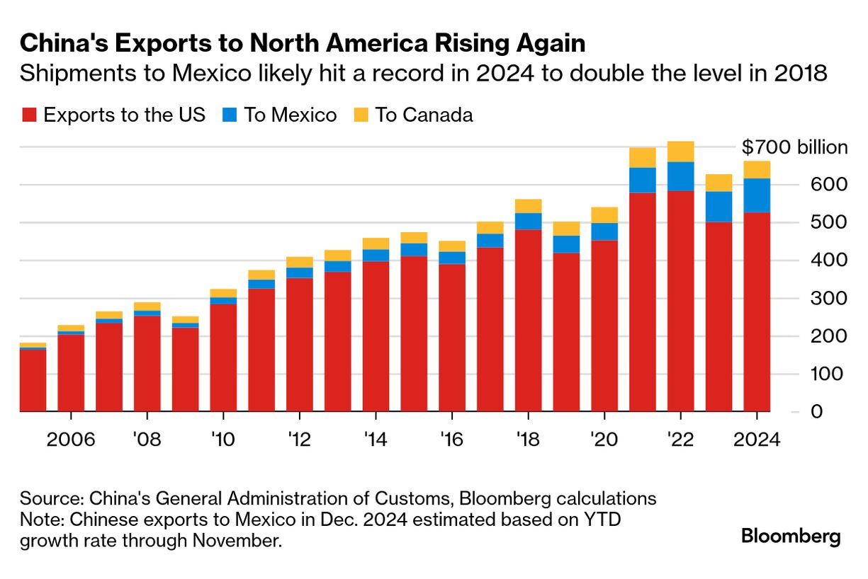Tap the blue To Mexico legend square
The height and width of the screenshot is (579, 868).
(x=229, y=115)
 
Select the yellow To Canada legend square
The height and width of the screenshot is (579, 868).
(x=360, y=115)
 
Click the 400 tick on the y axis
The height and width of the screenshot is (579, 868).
(x=828, y=260)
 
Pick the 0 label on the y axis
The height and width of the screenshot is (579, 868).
(x=817, y=411)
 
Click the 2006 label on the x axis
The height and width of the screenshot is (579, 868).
(x=71, y=440)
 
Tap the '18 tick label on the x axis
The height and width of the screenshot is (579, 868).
(x=528, y=440)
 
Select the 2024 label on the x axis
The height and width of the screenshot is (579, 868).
(x=756, y=440)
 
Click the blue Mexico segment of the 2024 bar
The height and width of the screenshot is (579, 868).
(x=757, y=195)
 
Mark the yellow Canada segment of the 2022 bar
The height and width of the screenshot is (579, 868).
(x=680, y=151)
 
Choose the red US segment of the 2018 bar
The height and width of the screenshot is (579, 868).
(x=528, y=319)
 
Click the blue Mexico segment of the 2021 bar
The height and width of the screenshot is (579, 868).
(x=642, y=180)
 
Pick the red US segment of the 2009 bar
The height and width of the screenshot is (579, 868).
(x=185, y=368)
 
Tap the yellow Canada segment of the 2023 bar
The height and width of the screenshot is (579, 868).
(x=718, y=183)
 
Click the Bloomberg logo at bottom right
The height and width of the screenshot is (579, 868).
(x=791, y=536)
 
